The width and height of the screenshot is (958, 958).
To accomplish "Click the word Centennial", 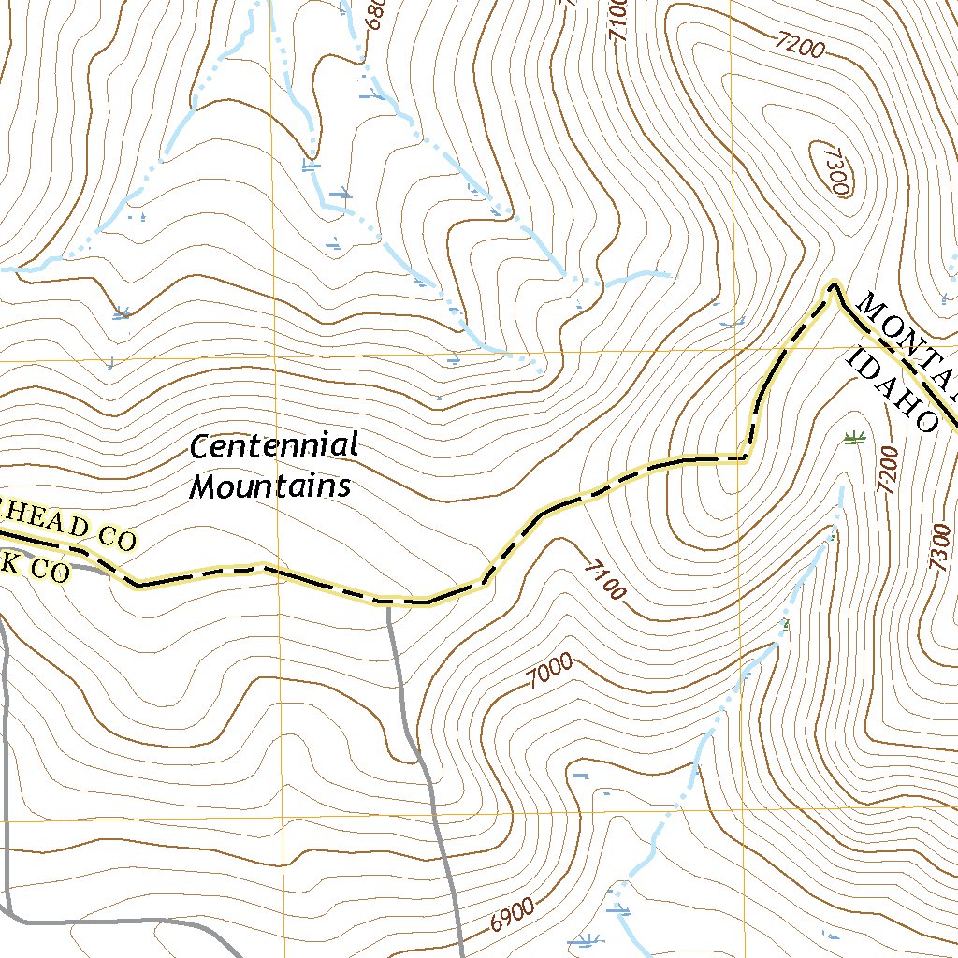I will tap(274, 446).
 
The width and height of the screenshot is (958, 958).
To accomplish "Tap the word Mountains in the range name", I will tap(271, 486).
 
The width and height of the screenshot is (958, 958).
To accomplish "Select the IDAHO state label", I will tap(892, 390).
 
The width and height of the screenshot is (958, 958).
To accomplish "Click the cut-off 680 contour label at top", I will tap(374, 13).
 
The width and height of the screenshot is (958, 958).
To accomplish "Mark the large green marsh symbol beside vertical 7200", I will tap(851, 437).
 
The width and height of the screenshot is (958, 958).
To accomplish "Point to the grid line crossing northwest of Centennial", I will tap(272, 359).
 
